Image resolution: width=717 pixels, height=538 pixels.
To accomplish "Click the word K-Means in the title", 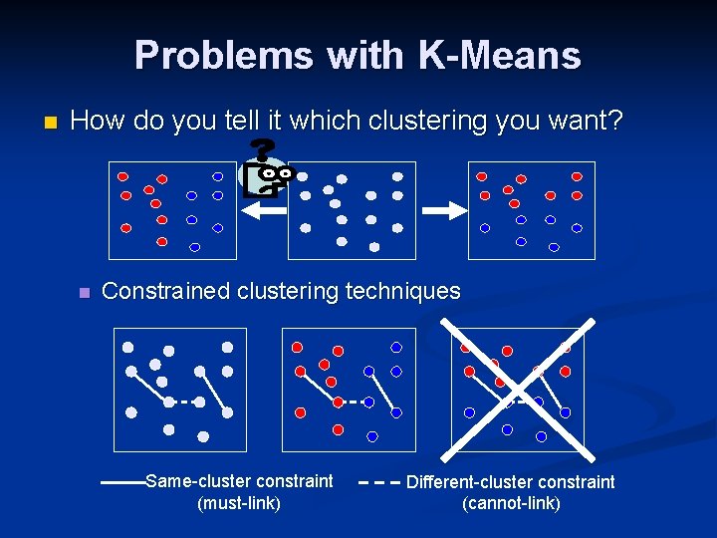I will (500, 56).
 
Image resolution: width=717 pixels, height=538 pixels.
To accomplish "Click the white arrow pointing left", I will (263, 210).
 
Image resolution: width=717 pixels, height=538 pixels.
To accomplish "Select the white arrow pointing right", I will (444, 210).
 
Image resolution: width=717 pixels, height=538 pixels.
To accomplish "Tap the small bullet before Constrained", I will (84, 293).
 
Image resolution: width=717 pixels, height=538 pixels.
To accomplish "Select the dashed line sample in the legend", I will (377, 482).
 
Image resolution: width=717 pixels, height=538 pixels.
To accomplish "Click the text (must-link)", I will (239, 503).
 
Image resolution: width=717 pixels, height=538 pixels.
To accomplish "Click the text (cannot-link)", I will (511, 504).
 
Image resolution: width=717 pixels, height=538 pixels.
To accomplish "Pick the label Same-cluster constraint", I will (239, 481).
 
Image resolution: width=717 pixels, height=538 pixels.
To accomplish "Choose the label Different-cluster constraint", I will (511, 482).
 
